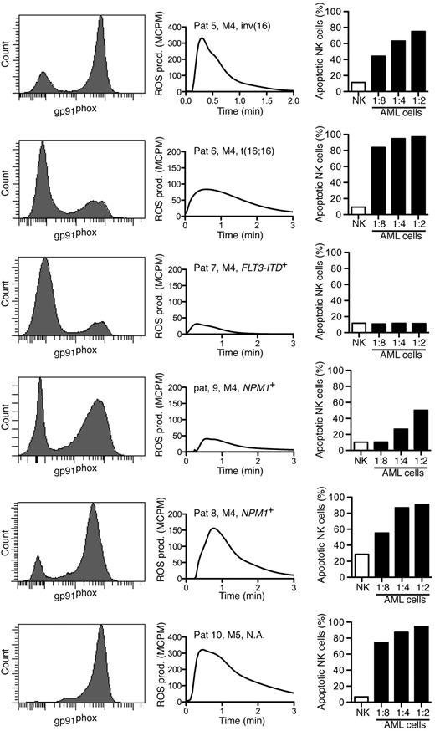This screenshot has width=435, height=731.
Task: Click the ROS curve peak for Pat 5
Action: coord(202,38)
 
